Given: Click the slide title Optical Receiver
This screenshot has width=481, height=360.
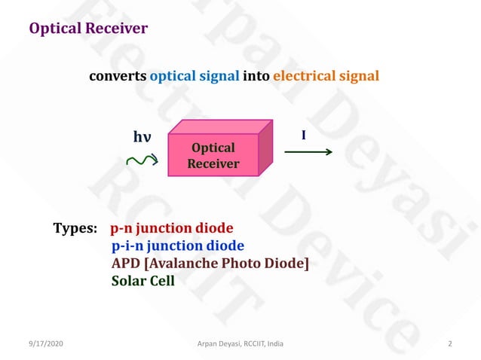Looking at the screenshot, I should coord(88,29).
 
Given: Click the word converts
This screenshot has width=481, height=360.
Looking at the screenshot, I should coord(118,76).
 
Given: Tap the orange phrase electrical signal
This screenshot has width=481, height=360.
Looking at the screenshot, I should coord(326,76).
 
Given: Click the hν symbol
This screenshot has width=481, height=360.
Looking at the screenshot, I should coord(142,136).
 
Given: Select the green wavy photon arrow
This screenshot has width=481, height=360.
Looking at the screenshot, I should coord(141,160).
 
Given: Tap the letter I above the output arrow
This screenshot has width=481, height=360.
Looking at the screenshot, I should coord(303,136).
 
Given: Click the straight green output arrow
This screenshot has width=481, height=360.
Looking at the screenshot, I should coord(308,152).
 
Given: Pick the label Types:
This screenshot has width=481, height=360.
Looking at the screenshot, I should coord(75,227).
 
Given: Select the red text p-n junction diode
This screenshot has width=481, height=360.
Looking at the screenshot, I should coord(172,227).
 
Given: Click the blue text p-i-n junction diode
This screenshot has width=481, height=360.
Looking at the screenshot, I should coord(178,246).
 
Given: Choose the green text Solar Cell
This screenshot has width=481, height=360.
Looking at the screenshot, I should coord(143,281).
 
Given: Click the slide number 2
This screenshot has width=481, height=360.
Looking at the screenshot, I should coord(449,344).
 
